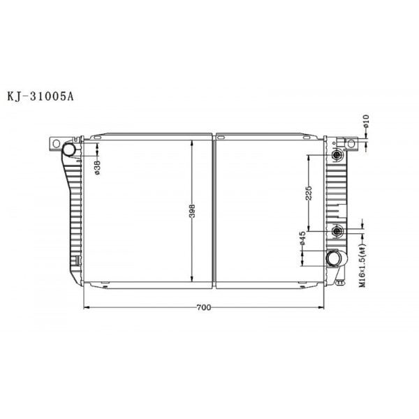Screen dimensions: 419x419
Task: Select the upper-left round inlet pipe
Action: click(x=69, y=149)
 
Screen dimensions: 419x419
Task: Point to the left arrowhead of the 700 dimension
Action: click(x=87, y=307)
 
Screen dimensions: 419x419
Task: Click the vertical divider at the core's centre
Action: click(x=214, y=209)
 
